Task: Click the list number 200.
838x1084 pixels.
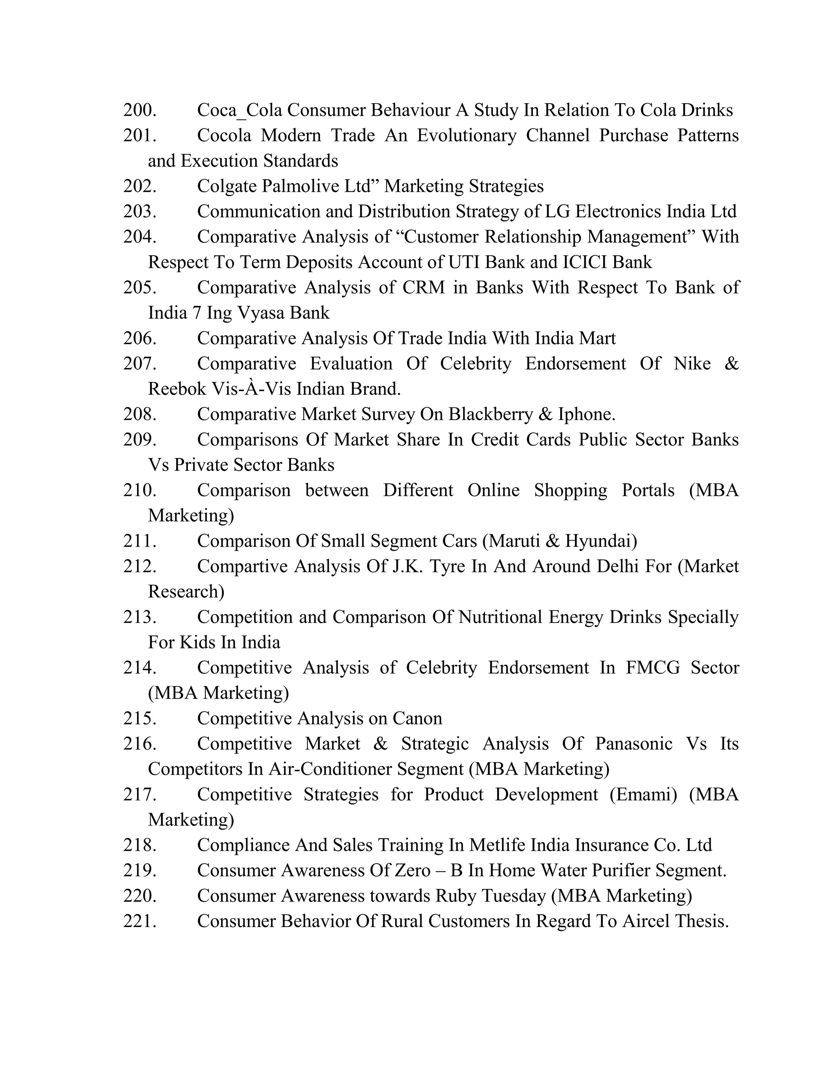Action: tap(140, 110)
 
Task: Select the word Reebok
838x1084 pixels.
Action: tap(177, 389)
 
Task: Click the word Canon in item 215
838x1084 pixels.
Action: tap(417, 718)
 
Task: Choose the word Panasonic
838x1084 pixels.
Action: tap(633, 744)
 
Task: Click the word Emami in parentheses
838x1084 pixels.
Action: tap(643, 794)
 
